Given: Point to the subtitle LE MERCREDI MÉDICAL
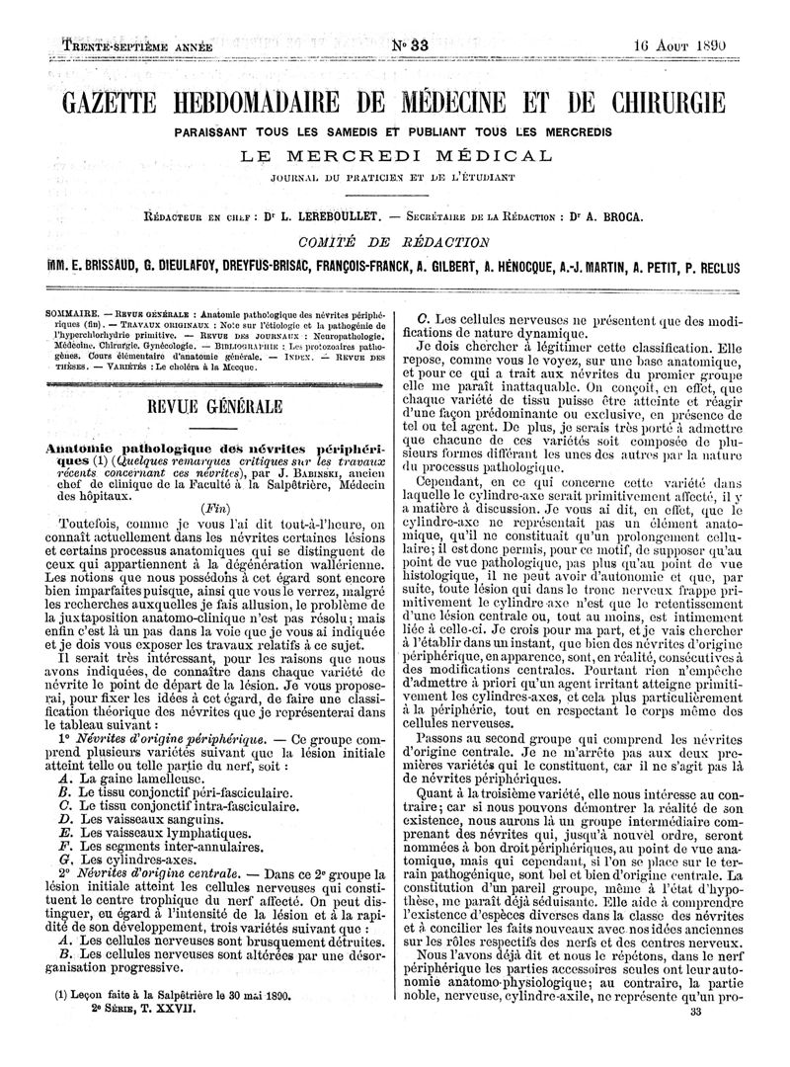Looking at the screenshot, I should click(x=396, y=156).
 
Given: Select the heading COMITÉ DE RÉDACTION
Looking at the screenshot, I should click(x=395, y=243).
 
